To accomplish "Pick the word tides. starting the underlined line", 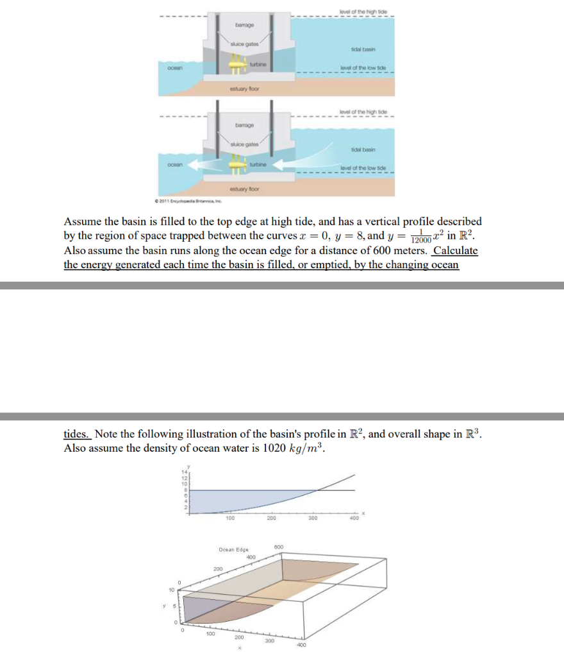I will coord(77,434).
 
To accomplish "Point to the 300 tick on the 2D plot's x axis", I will coord(313,517).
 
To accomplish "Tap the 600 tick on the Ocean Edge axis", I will coord(279,546).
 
